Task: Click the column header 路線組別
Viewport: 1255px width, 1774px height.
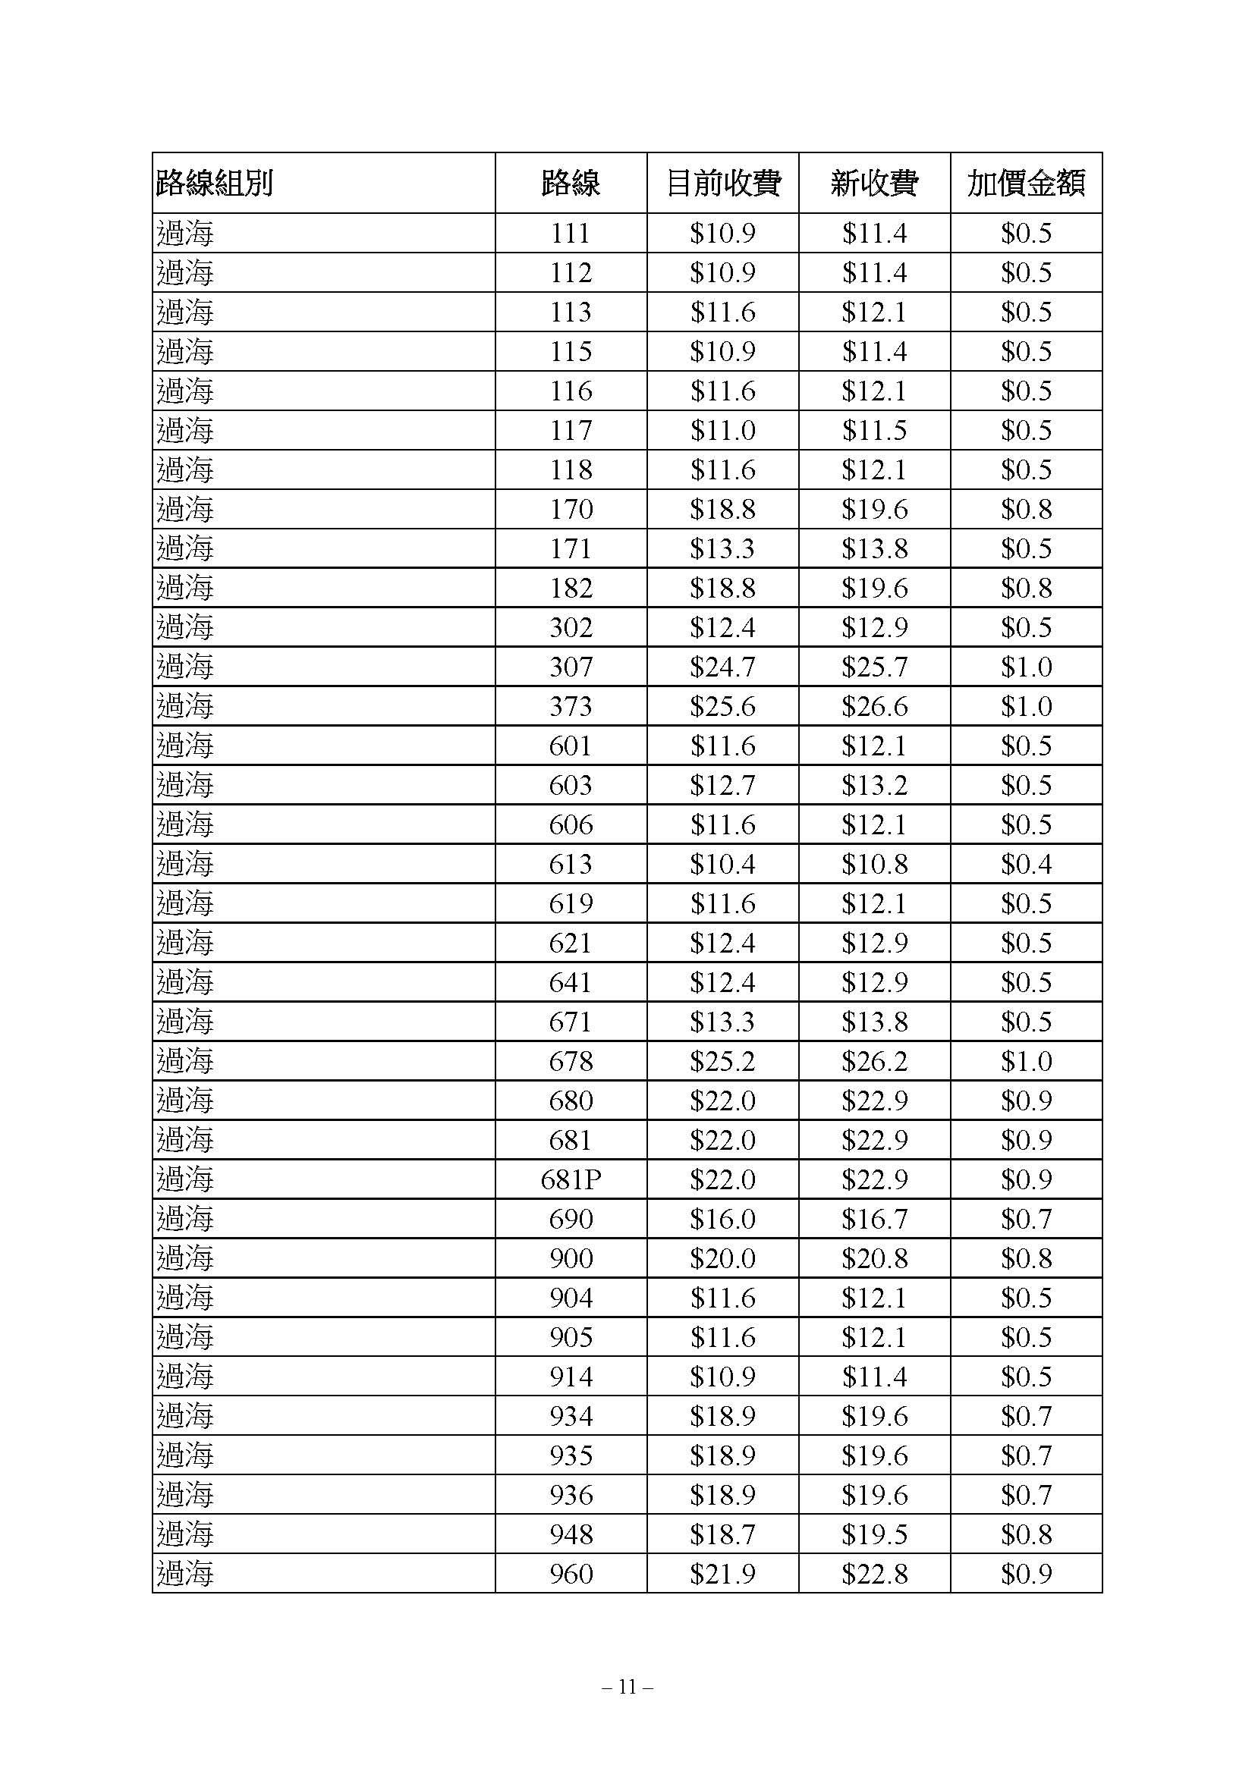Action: (x=214, y=184)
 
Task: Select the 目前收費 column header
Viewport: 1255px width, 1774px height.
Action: (x=722, y=184)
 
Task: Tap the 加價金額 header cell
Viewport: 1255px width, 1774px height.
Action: (x=1027, y=184)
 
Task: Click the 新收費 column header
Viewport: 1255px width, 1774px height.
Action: (x=874, y=184)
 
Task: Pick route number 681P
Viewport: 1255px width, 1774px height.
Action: (x=571, y=1180)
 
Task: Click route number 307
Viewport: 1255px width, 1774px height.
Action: (x=571, y=667)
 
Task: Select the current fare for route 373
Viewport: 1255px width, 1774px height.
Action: (x=722, y=706)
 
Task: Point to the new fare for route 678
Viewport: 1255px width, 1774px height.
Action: (x=874, y=1062)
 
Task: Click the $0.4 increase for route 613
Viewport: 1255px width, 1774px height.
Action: (x=1027, y=864)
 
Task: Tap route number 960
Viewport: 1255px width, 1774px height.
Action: (x=571, y=1574)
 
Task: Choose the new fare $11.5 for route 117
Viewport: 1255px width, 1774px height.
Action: (x=874, y=430)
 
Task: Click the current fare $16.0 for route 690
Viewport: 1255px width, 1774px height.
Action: (x=722, y=1220)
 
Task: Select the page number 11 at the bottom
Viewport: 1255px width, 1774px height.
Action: (x=627, y=1688)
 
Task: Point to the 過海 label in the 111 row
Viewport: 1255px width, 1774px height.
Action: (x=184, y=234)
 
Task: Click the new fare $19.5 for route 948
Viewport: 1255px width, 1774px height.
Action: (x=874, y=1534)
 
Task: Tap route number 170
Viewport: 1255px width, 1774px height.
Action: (x=571, y=509)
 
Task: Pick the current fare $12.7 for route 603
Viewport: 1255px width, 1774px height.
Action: (x=722, y=785)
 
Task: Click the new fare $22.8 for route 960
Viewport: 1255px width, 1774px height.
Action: (x=874, y=1574)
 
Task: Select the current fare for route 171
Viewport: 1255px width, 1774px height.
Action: (x=722, y=548)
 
